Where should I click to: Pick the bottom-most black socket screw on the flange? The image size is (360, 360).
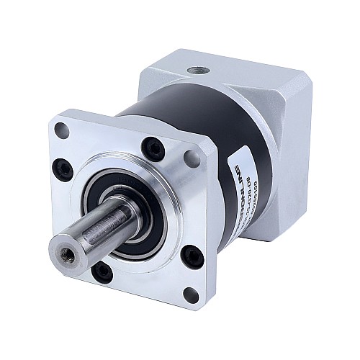(102, 271)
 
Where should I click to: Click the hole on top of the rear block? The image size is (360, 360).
(197, 71)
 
